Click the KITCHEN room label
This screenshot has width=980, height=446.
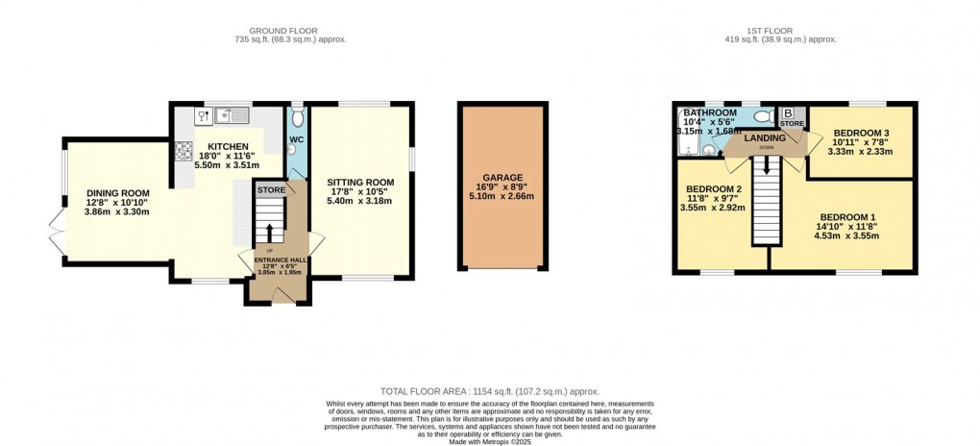[x=223, y=147]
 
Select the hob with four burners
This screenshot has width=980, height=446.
[x=183, y=151]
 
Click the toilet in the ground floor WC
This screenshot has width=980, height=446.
[x=297, y=118]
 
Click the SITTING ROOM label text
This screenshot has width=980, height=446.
[x=360, y=182]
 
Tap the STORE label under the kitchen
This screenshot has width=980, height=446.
[x=271, y=190]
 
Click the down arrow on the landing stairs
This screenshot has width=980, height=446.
[x=767, y=165]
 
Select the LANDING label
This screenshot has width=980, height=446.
[x=766, y=138]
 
